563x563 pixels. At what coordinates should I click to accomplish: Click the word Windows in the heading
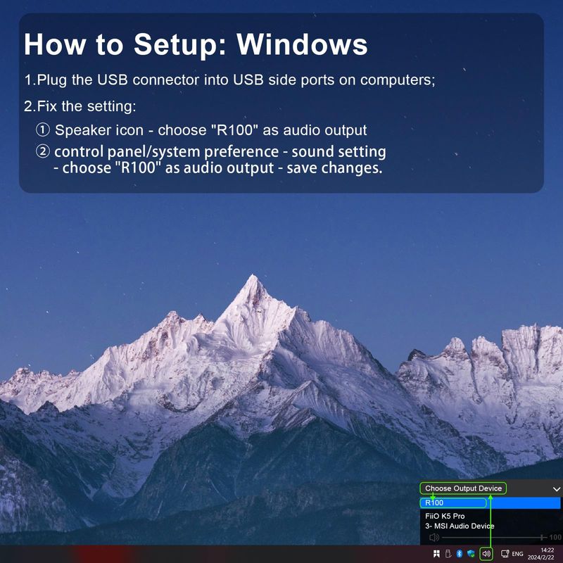pos(302,44)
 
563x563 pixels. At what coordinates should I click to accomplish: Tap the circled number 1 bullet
pos(43,129)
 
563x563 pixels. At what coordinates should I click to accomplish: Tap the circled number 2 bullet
pos(43,151)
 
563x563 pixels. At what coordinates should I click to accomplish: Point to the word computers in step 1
pos(398,80)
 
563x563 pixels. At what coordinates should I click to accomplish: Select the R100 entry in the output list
pos(434,502)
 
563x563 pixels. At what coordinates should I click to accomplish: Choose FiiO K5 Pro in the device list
pos(445,516)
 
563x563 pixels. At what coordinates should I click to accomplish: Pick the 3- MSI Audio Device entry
pos(460,526)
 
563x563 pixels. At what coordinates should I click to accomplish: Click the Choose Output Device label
pos(463,488)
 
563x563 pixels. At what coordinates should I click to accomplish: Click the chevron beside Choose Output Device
pos(557,489)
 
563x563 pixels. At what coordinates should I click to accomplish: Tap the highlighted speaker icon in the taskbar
pos(486,554)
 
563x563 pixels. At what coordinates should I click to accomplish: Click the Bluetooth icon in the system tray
pos(459,554)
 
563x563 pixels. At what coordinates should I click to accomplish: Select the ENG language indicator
pos(517,554)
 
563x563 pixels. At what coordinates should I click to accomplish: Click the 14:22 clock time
pos(548,550)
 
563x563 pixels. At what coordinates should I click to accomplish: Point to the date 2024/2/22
pos(541,557)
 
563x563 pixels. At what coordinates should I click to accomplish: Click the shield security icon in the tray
pos(471,554)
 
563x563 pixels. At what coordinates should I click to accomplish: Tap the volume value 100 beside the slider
pos(555,537)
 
